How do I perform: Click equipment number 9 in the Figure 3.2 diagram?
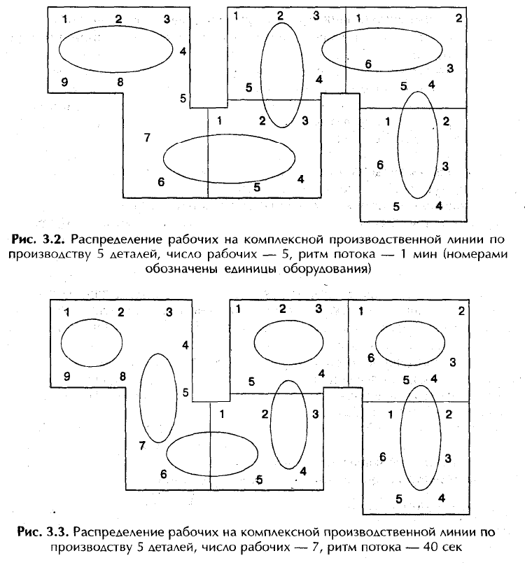pyautogui.click(x=64, y=82)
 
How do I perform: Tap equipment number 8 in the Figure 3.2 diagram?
pyautogui.click(x=120, y=82)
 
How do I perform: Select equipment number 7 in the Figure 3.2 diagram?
pyautogui.click(x=147, y=137)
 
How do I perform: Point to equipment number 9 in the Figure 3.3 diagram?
pyautogui.click(x=67, y=377)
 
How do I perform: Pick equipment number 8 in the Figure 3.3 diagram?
pyautogui.click(x=122, y=377)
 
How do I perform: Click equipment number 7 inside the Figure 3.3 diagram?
pyautogui.click(x=142, y=446)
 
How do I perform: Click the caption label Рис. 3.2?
pyautogui.click(x=38, y=239)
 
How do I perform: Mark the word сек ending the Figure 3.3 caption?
pyautogui.click(x=453, y=547)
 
